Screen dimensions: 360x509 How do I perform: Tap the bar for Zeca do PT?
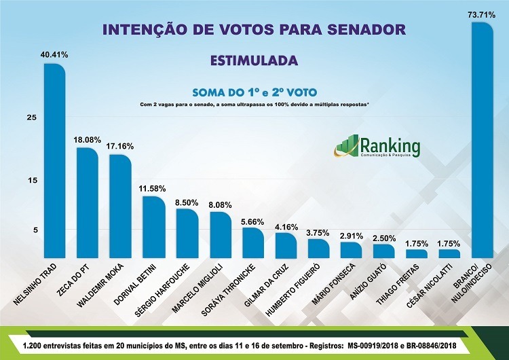coord(87,204)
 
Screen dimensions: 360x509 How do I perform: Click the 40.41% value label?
coord(54,54)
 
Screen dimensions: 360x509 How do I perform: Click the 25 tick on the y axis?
coord(31,118)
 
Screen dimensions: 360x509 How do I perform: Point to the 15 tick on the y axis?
coord(31,180)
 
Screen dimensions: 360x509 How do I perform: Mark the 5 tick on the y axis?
coord(31,230)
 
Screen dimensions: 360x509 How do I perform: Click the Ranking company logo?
coord(377,147)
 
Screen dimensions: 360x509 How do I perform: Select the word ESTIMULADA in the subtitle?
coord(254,60)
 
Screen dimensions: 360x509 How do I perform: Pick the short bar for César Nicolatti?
coord(449,253)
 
